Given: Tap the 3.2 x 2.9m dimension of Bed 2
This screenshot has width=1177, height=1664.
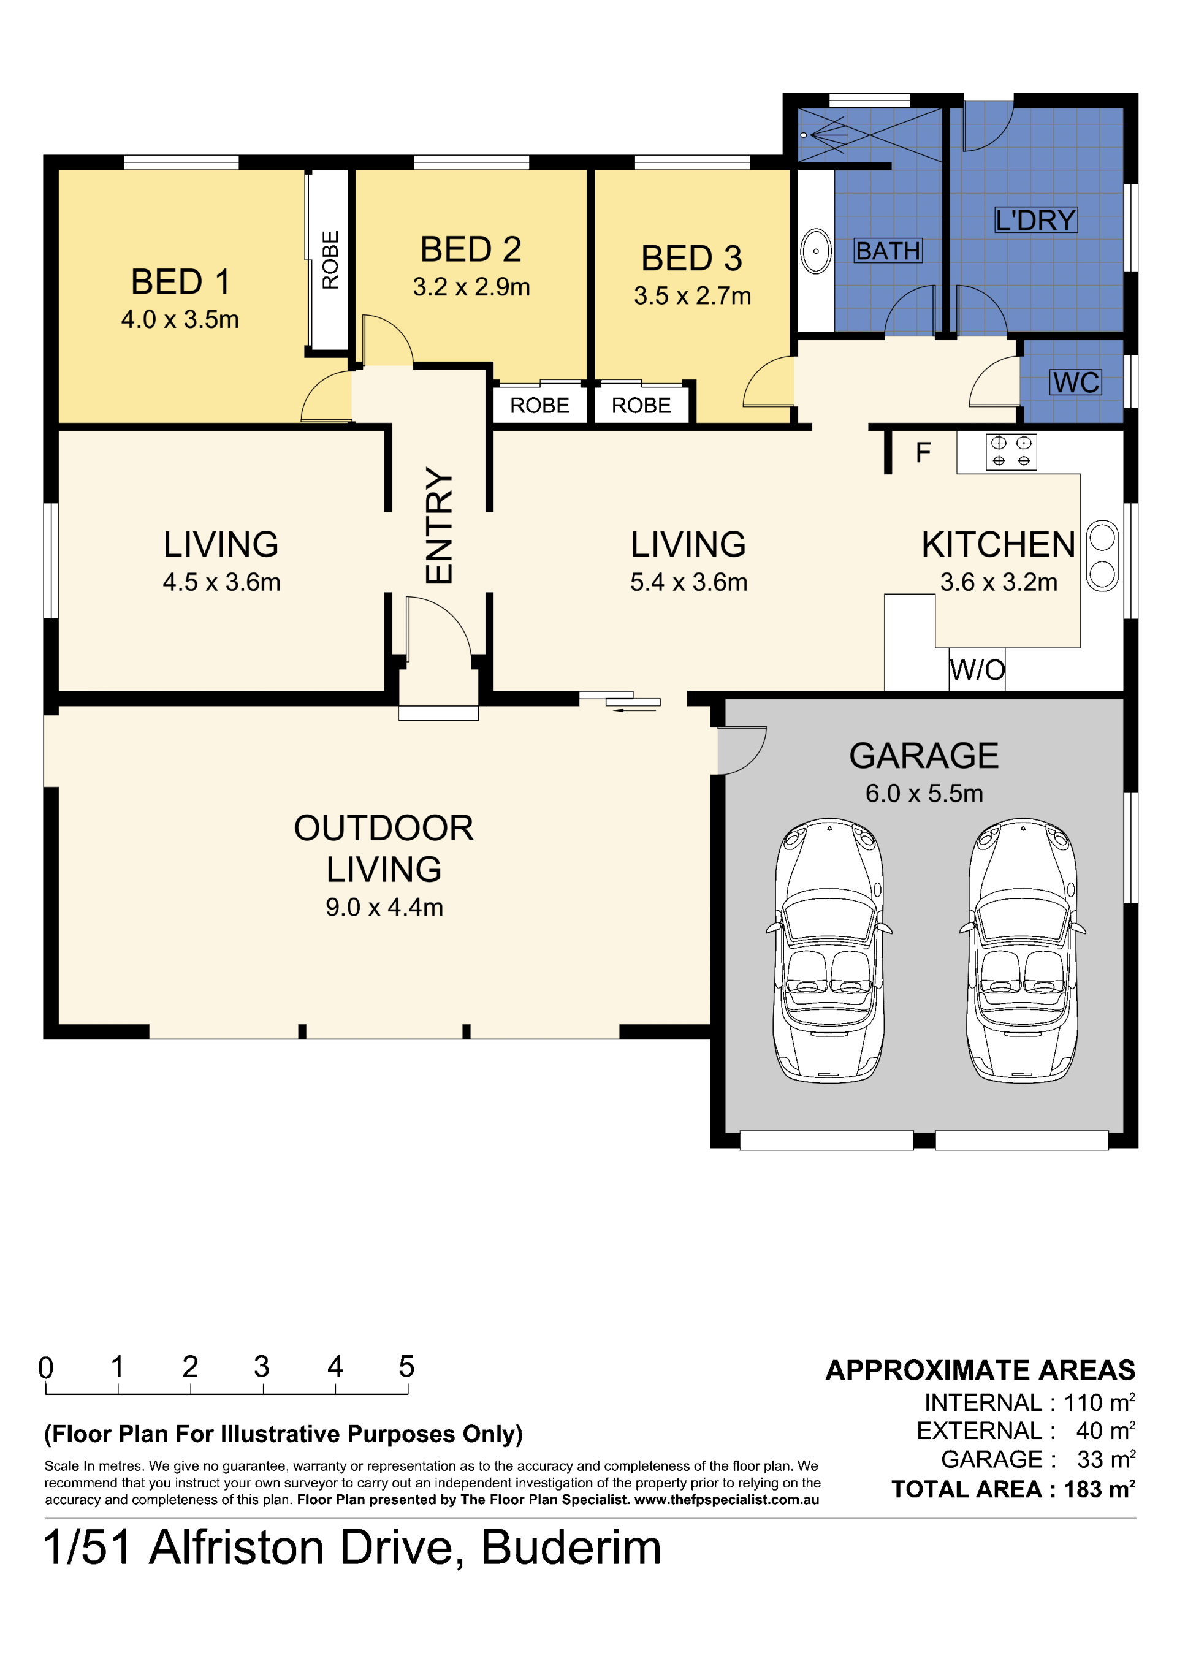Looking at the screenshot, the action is [471, 287].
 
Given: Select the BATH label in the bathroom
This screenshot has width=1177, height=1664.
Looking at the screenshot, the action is [888, 251].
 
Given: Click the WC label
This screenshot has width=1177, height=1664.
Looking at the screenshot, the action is [1076, 382].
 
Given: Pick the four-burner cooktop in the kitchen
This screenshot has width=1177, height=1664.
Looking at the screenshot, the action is [1011, 452].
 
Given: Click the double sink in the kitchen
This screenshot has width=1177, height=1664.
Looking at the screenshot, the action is [1102, 556].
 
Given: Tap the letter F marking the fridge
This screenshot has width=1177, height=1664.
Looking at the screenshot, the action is [923, 452].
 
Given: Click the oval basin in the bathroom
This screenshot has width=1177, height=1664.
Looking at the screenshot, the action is [816, 251].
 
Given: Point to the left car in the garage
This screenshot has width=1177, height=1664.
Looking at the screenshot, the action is [829, 950].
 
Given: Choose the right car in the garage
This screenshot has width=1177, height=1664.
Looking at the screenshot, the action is [1023, 950].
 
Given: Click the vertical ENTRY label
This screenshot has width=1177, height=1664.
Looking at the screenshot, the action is [439, 525].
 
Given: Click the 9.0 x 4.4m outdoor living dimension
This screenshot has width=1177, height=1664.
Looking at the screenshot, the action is [384, 907].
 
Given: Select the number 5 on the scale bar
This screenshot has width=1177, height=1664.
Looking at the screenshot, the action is [406, 1367].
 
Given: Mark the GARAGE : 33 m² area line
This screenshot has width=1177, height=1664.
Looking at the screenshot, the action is [1038, 1459].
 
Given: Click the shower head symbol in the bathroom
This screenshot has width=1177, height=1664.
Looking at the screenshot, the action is [824, 135].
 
